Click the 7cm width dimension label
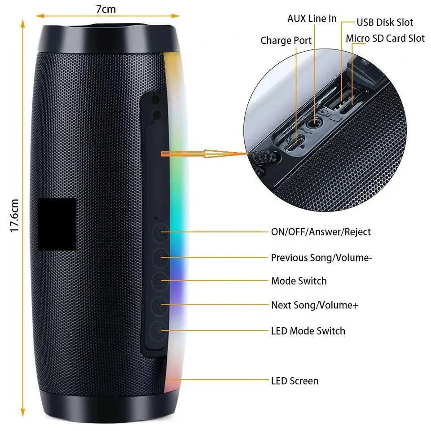106,9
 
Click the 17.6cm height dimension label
14,215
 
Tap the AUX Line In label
312,19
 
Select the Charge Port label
286,40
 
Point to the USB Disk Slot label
385,22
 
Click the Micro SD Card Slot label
385,39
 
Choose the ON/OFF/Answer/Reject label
321,232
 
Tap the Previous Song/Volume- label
321,258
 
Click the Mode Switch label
299,281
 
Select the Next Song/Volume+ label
315,305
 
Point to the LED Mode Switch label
308,331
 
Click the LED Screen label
295,381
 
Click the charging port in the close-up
295,144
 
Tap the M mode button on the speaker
160,281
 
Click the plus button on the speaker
159,306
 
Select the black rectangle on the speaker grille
57,224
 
